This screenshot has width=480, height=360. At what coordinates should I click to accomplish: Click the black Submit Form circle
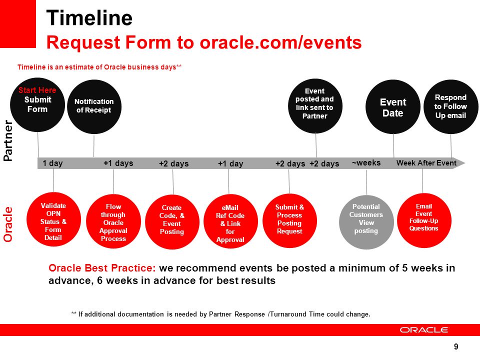pos(37,104)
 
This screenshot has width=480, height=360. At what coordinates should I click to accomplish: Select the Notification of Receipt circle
pos(94,106)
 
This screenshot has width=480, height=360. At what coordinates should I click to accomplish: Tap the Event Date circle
pos(393,107)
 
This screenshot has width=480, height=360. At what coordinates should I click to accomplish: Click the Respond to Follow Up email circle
pos(451,107)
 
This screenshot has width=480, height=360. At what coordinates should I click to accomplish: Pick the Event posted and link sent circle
pos(315,106)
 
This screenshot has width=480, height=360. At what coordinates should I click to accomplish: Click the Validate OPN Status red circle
pos(53,219)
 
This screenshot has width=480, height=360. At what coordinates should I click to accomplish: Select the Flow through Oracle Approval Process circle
pos(113,221)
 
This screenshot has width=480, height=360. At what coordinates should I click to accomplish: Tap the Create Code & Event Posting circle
pos(172,222)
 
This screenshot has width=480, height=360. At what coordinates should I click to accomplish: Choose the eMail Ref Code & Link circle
pos(230,221)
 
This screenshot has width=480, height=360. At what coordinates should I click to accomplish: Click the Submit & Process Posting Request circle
pos(289,220)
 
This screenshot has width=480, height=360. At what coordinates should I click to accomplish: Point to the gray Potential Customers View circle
pos(366,222)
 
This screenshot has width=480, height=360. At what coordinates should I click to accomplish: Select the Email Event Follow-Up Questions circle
pos(424,220)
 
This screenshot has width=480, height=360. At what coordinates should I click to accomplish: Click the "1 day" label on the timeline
pos(52,163)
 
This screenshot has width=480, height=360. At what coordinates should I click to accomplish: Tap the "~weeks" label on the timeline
pos(366,162)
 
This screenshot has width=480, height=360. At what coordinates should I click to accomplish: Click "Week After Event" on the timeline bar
pos(426,163)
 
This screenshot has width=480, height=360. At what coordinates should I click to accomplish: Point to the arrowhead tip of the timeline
pos(465,163)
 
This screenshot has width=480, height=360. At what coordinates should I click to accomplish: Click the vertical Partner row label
pos(8,140)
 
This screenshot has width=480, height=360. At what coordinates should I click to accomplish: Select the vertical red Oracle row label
pos(8,224)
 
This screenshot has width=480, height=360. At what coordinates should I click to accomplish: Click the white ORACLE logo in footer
pos(423,330)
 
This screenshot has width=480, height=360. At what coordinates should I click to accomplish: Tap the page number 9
pos(456,346)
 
